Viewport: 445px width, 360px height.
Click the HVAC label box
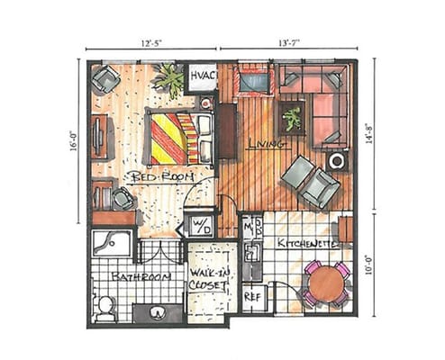pos(198,77)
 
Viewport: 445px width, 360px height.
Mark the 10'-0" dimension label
pos(379,268)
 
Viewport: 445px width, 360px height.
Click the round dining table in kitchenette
pos(325,283)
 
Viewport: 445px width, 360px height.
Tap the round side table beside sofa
pos(338,161)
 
